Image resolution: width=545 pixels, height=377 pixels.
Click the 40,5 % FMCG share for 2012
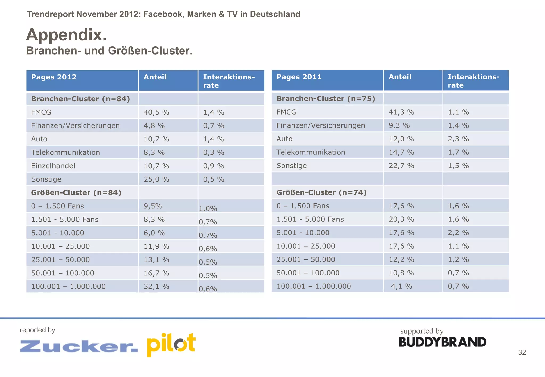point(156,112)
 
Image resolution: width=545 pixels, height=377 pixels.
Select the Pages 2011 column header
point(299,77)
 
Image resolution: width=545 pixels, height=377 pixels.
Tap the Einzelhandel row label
point(53,166)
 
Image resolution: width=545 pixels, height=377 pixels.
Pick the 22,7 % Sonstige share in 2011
point(401,166)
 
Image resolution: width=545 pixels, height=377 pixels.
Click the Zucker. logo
point(79,346)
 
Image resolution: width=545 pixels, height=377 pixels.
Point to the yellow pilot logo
point(171,345)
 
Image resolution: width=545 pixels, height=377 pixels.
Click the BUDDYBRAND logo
point(442,342)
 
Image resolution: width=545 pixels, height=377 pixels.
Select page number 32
point(522,352)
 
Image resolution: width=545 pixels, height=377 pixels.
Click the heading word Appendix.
point(66,35)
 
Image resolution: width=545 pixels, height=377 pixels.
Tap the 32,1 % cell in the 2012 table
point(156,286)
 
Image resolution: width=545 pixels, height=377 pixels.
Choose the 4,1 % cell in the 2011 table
point(401,286)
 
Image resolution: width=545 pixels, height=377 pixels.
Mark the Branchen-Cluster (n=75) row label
point(326,99)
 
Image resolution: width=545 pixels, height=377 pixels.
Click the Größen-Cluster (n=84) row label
point(76,192)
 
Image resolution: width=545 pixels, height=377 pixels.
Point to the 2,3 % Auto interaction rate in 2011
point(458,139)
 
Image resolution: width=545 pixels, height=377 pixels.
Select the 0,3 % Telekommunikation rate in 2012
point(214,152)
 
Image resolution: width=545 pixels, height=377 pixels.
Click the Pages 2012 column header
point(54,77)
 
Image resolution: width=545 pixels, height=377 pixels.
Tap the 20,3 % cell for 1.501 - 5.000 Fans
point(401,219)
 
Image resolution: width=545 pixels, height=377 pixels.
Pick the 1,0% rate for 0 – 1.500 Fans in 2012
point(208,208)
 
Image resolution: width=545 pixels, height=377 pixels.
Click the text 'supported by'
point(422,331)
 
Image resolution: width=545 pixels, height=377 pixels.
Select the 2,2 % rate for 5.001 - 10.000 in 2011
point(458,233)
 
